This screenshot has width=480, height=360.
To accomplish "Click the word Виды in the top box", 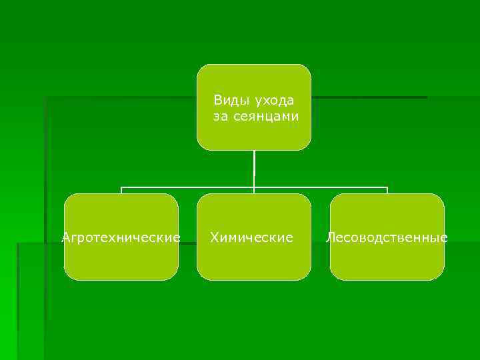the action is pyautogui.click(x=228, y=100).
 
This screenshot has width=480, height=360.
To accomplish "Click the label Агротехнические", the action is pyautogui.click(x=121, y=237).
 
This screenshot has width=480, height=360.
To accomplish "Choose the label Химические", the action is pyautogui.click(x=251, y=237).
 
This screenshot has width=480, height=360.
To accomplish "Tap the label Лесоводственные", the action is pyautogui.click(x=387, y=237).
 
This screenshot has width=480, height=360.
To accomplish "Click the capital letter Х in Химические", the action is pyautogui.click(x=215, y=237).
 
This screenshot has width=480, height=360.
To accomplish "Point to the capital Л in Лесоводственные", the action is pyautogui.click(x=330, y=237).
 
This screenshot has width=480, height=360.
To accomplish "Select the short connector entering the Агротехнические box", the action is pyautogui.click(x=121, y=191).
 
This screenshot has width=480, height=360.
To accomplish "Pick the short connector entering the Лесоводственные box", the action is pyautogui.click(x=387, y=191).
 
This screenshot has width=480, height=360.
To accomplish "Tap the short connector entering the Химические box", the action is pyautogui.click(x=254, y=191).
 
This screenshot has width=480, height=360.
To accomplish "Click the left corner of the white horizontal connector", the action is pyautogui.click(x=121, y=187).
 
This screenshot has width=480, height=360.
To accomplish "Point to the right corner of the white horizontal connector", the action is pyautogui.click(x=387, y=187).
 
